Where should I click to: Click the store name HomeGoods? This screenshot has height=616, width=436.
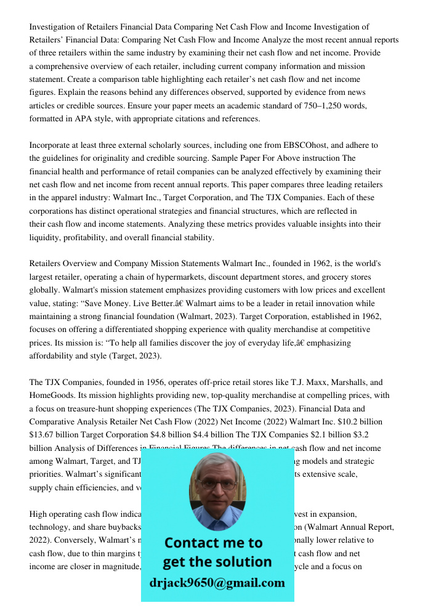(x=53, y=395)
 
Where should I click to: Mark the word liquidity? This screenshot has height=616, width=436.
(x=47, y=238)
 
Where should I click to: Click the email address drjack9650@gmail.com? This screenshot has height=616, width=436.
(x=217, y=583)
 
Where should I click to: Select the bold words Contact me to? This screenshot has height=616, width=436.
(x=214, y=543)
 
